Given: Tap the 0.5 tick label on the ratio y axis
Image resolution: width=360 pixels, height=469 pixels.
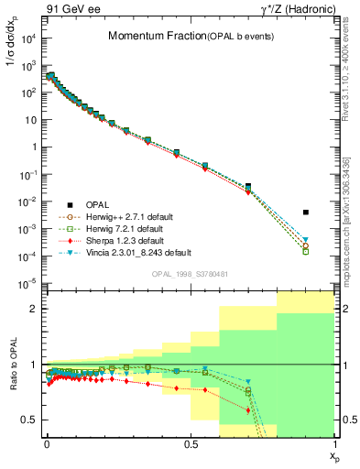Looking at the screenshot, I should point(28,420).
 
